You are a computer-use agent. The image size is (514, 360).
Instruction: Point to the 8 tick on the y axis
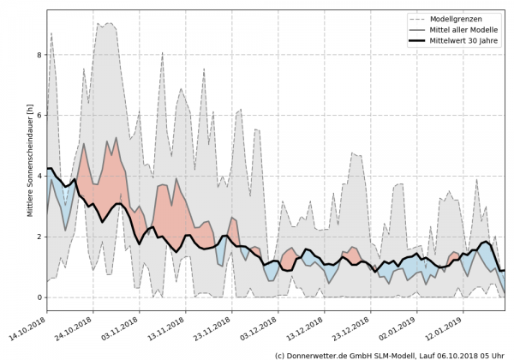pyautogui.click(x=38, y=55)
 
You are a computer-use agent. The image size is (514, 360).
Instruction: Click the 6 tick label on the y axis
pyautogui.click(x=38, y=115)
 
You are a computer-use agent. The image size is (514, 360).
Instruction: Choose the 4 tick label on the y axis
pyautogui.click(x=38, y=176)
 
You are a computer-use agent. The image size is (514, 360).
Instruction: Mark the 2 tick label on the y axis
pyautogui.click(x=38, y=237)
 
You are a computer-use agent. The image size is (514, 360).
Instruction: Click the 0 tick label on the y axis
pyautogui.click(x=38, y=297)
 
